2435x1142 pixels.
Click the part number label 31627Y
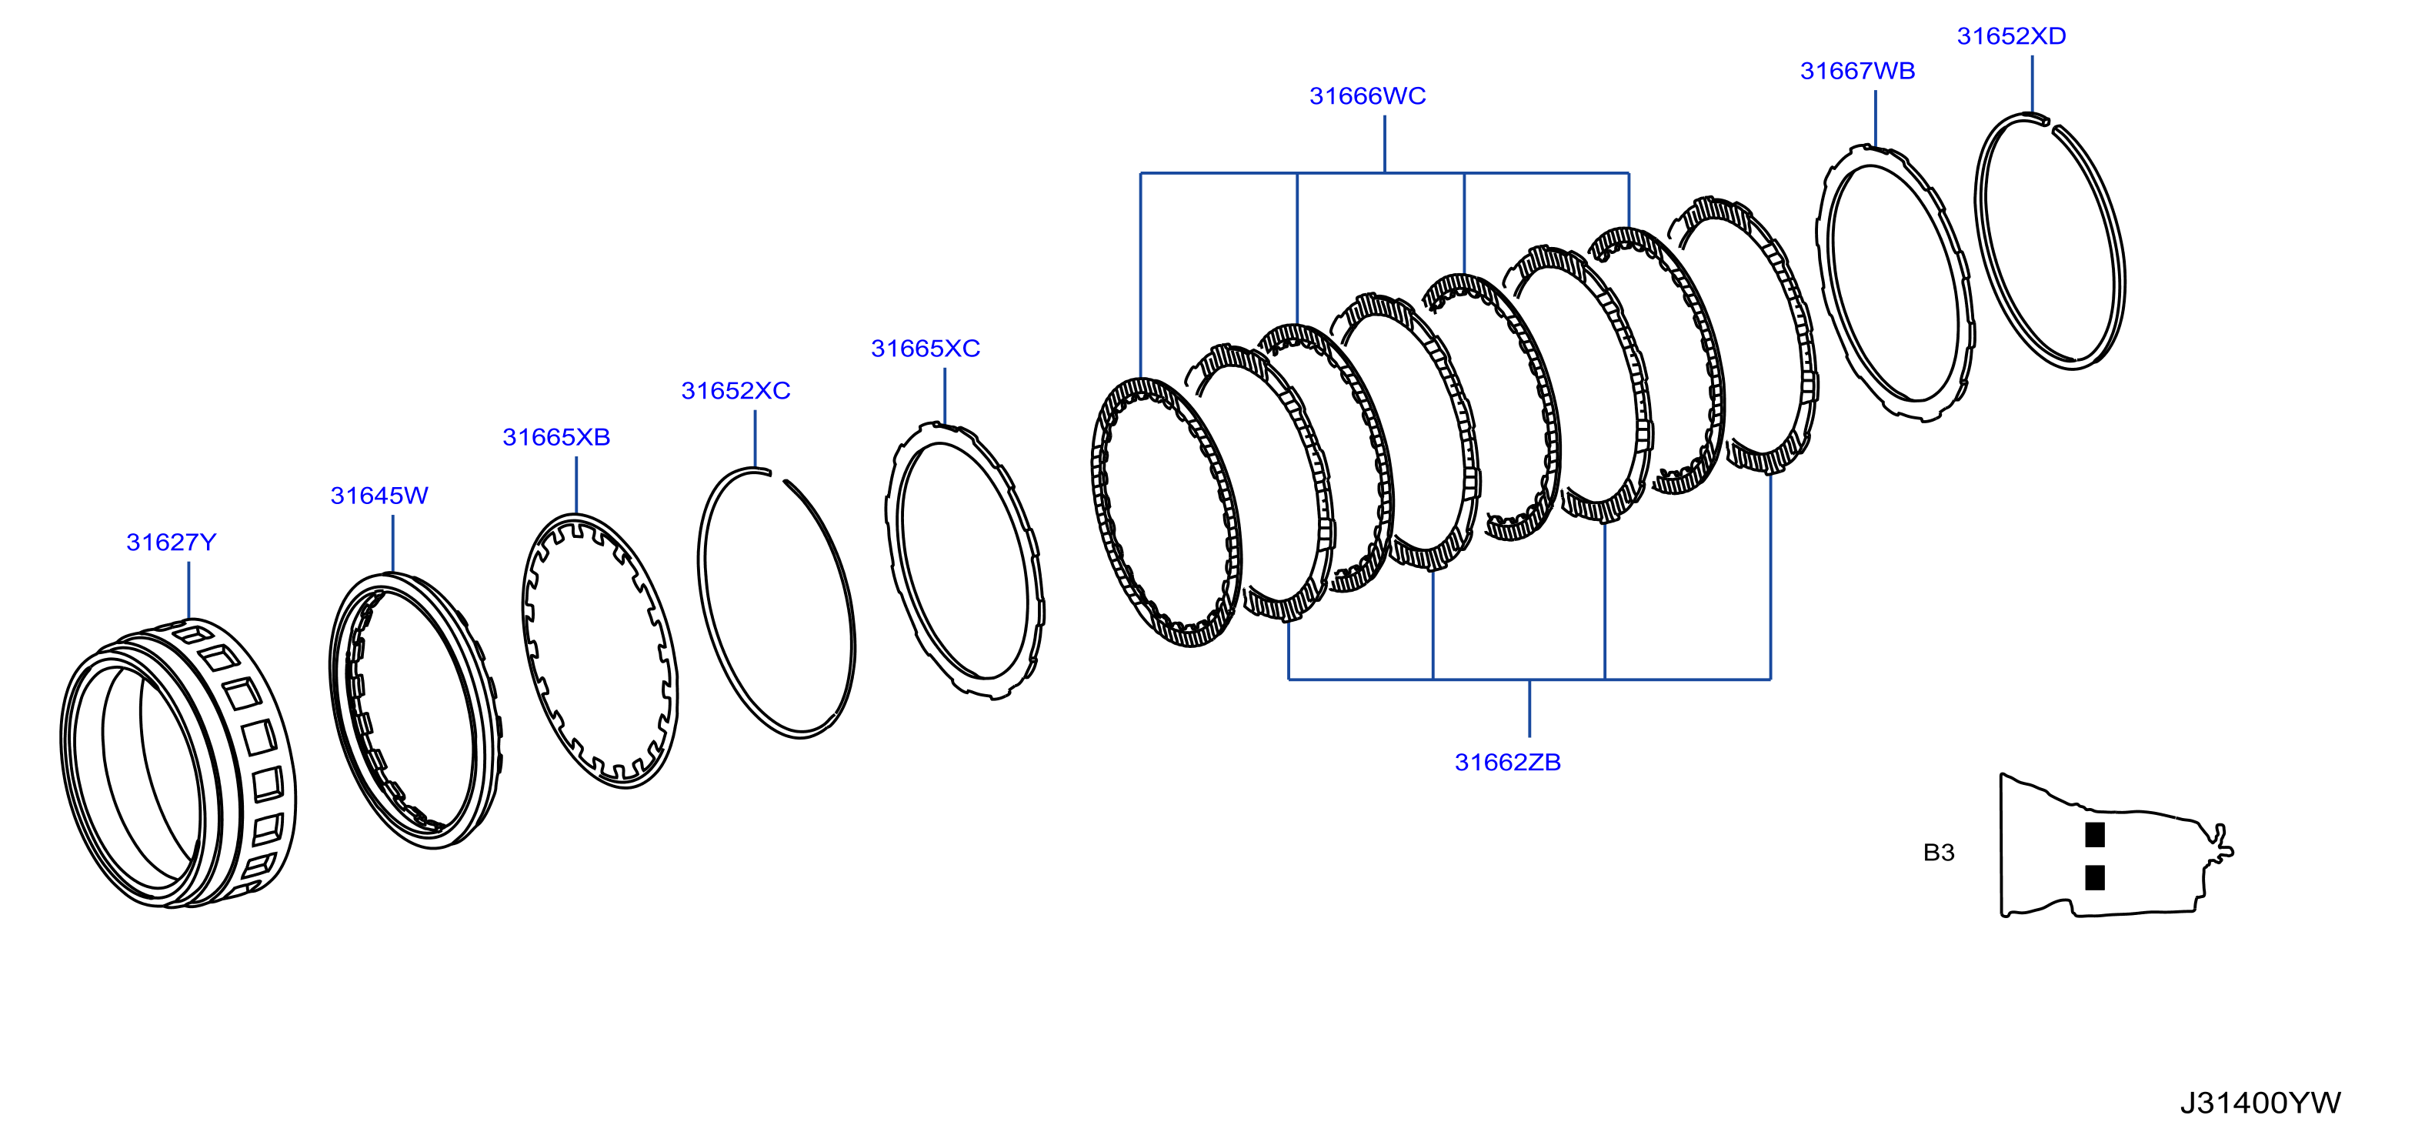point(171,543)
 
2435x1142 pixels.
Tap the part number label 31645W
point(379,496)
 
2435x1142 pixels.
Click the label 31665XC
point(926,349)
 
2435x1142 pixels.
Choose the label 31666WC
point(1367,96)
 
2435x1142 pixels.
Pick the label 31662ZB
point(1508,763)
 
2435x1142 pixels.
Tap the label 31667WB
point(1857,71)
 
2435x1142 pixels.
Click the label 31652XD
point(2012,36)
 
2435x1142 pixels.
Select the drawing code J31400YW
point(2260,1104)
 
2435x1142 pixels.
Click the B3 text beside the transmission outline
point(1939,853)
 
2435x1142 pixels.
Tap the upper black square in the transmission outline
point(2095,835)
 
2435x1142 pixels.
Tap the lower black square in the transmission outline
point(2095,878)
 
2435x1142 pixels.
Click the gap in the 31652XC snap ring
point(778,476)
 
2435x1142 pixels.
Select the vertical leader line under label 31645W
point(392,543)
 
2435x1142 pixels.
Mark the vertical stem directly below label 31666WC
point(1385,145)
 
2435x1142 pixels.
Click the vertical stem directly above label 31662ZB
point(1529,708)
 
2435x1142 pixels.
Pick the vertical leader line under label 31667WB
point(1876,119)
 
